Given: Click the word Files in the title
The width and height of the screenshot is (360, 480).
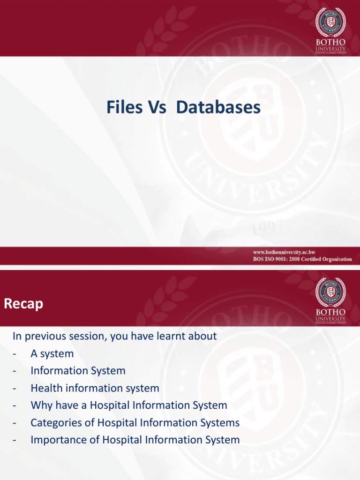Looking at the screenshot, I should click(x=124, y=107).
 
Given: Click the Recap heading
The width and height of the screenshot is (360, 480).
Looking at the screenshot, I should click(x=23, y=304).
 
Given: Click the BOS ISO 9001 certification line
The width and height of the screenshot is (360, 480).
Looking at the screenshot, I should click(x=303, y=259).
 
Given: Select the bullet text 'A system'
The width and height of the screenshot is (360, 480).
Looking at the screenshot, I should click(x=52, y=353).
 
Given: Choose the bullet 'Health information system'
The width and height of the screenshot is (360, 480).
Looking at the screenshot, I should click(x=95, y=388).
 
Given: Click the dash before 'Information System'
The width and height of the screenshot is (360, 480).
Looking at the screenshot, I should click(x=15, y=371).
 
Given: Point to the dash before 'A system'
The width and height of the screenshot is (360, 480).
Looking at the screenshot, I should click(x=15, y=353).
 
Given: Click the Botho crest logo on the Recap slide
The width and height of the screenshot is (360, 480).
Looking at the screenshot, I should click(x=330, y=293).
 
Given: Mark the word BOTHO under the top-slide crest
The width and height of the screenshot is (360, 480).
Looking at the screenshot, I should click(x=330, y=41).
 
